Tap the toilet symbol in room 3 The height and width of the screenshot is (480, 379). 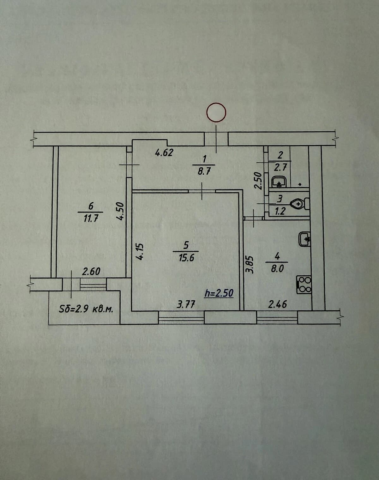pos(300,203)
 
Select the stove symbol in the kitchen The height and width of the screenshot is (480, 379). pos(304,285)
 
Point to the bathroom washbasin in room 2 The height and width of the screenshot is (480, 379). pos(279,182)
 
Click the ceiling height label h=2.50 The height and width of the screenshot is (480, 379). pos(219,293)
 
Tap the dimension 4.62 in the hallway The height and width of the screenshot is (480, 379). pos(164,153)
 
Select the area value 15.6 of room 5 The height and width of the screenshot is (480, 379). pos(186,258)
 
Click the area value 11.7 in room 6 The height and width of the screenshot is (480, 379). pos(91,219)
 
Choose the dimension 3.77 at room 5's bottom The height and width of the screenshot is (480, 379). pos(186,304)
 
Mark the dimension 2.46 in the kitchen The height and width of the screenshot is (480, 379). pos(277,304)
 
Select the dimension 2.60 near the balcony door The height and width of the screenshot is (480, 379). pos(91,272)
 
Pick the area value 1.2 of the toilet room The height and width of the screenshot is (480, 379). pos(280,211)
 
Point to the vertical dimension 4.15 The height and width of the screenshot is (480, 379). pos(140,252)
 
